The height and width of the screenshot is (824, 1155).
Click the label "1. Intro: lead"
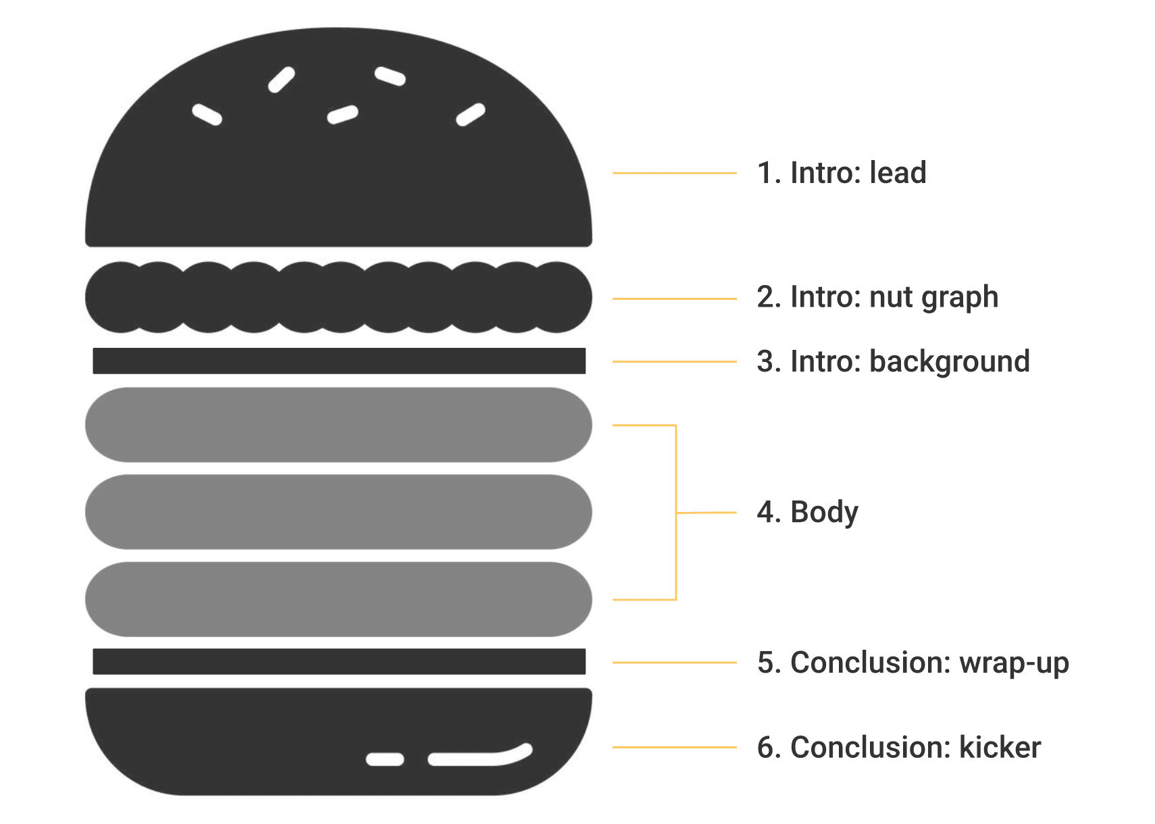click(x=841, y=173)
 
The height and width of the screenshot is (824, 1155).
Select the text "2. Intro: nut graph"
click(x=877, y=298)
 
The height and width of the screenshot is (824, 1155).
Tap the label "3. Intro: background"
click(x=893, y=362)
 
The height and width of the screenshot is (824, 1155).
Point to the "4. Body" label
click(x=807, y=513)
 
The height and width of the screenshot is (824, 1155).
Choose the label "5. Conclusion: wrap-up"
click(x=913, y=663)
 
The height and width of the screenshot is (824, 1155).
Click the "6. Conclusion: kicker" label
click(x=898, y=748)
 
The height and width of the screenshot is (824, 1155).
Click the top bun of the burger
click(x=338, y=176)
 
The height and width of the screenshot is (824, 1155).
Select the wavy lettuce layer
click(x=338, y=298)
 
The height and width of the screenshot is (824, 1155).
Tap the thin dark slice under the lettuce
click(x=338, y=361)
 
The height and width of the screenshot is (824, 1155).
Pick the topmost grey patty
click(x=338, y=425)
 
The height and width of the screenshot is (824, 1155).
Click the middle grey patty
click(x=338, y=512)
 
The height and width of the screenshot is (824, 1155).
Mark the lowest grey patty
click(x=338, y=599)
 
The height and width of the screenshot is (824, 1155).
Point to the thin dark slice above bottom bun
click(x=338, y=661)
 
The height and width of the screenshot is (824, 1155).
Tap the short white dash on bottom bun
click(x=385, y=760)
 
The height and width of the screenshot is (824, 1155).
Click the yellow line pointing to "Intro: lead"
click(x=674, y=174)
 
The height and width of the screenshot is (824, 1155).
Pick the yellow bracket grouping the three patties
click(x=676, y=513)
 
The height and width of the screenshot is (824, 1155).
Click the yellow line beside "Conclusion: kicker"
click(x=674, y=747)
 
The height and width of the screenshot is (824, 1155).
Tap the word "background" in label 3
click(x=949, y=362)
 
